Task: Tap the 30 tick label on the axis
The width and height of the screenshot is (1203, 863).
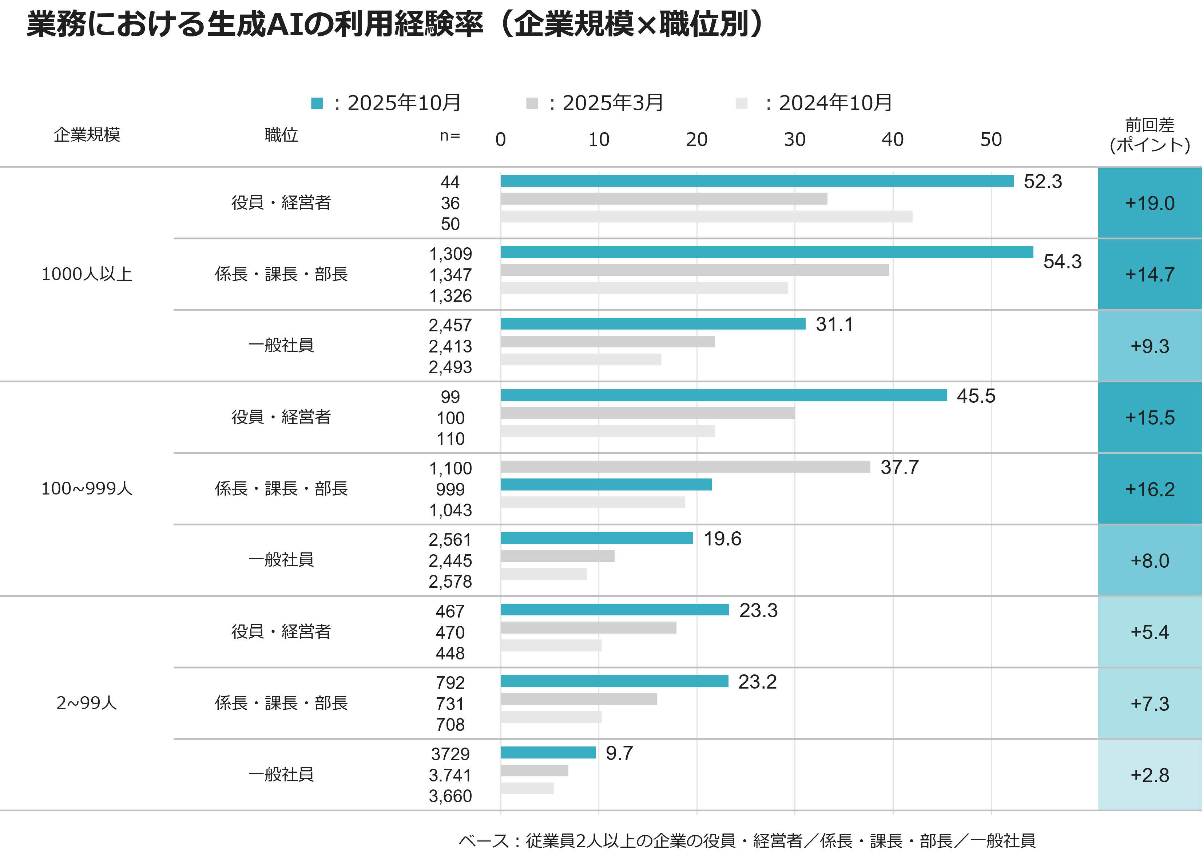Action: pos(795,139)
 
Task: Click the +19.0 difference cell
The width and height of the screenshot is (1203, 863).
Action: pos(1150,203)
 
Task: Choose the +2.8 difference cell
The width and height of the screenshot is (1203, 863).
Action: pos(1150,775)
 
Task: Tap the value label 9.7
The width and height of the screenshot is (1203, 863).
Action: pos(619,753)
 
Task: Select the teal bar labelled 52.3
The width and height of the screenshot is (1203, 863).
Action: pos(757,181)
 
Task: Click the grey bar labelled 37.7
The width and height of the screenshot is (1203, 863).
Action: pos(685,466)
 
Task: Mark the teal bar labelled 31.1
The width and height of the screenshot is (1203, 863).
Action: pos(652,324)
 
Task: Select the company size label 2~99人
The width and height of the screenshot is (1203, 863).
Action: pos(87,703)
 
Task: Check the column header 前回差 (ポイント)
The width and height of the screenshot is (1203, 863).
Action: pos(1150,135)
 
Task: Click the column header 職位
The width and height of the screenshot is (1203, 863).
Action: pos(281,135)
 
